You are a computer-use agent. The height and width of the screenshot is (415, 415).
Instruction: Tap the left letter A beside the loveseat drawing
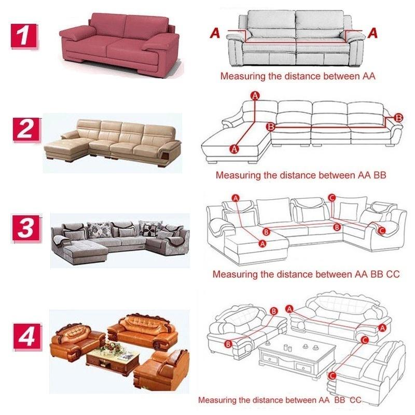[215, 34]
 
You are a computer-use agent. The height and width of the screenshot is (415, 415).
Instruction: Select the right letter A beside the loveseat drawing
[372, 34]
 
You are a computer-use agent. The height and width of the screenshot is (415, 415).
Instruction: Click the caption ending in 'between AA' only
[298, 76]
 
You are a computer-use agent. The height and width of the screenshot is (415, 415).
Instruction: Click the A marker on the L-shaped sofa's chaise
[233, 149]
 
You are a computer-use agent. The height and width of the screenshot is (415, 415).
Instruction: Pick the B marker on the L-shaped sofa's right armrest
[398, 118]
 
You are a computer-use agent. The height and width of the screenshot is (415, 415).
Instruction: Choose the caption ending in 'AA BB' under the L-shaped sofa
[301, 175]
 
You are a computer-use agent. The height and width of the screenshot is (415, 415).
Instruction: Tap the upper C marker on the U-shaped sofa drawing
[332, 198]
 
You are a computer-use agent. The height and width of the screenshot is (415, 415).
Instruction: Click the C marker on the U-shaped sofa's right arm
[382, 230]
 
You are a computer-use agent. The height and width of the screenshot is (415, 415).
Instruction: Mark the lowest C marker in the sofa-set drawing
[332, 376]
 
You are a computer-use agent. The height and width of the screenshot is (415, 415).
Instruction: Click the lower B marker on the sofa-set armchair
[228, 343]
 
